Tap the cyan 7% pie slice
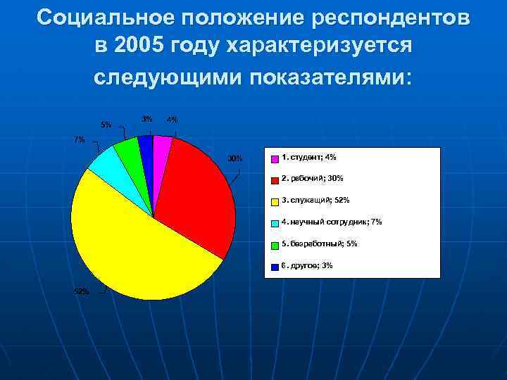tap(106, 163)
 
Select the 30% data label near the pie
tap(234, 158)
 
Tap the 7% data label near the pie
tap(80, 139)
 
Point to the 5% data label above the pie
tap(106, 125)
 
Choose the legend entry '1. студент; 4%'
tap(308, 156)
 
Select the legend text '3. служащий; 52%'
tap(315, 200)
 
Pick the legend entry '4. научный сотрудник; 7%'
tap(331, 222)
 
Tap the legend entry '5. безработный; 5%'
tap(319, 243)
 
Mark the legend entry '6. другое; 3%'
tap(307, 265)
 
